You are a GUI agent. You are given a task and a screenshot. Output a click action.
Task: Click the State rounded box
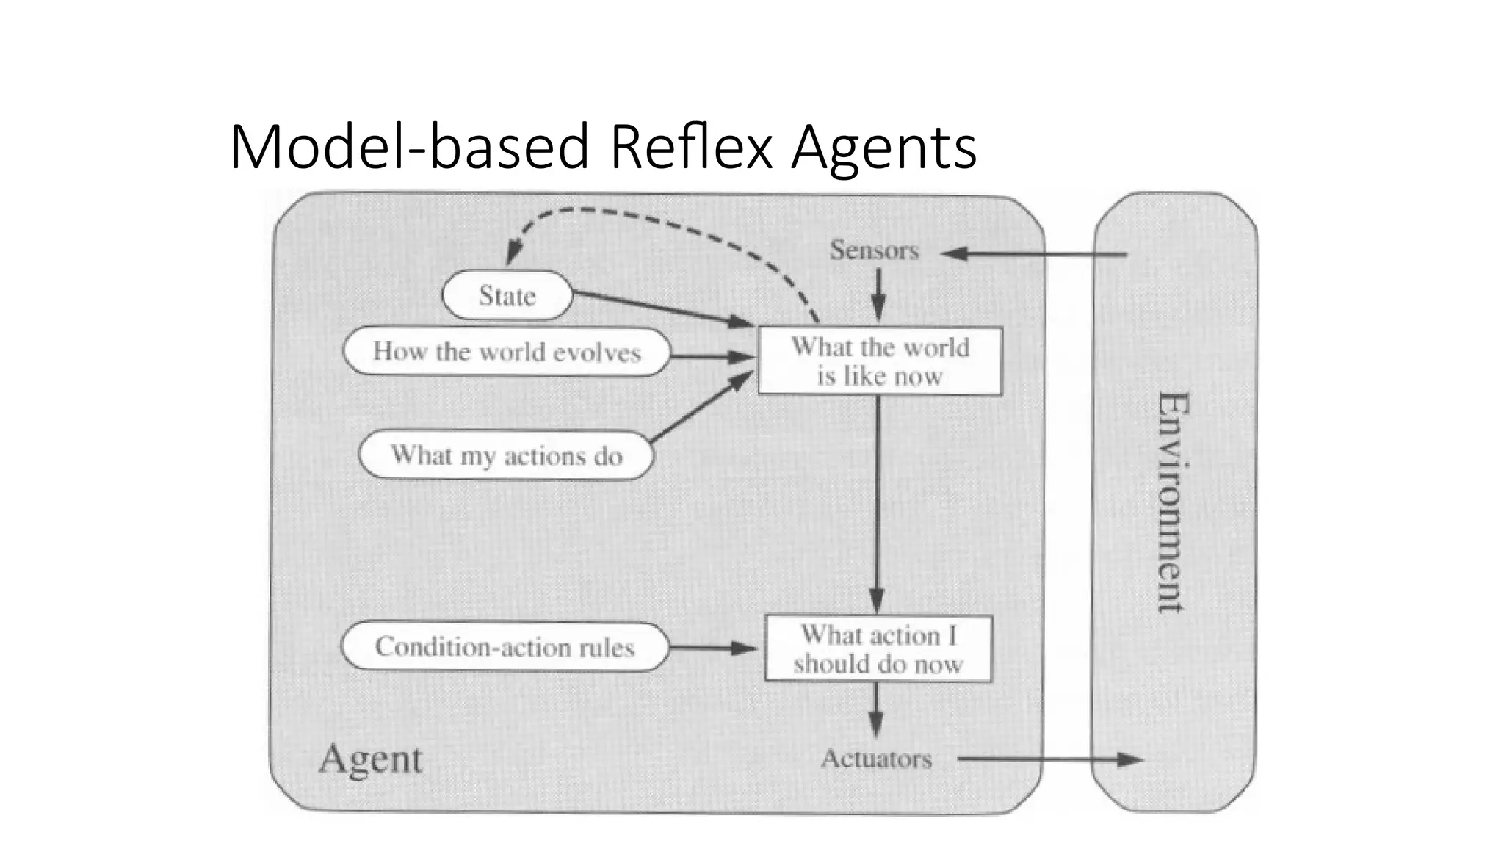coord(507,295)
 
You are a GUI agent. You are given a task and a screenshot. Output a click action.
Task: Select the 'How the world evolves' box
coord(507,352)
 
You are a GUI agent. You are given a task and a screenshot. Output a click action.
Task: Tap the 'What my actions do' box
coord(506,455)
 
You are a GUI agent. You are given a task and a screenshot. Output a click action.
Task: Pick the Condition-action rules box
coord(505,647)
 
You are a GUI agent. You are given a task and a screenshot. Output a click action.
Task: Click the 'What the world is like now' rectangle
coord(880,361)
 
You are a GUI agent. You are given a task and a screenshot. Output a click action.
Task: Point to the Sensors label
coord(874,250)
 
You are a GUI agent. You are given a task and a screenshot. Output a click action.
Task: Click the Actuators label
coord(876,759)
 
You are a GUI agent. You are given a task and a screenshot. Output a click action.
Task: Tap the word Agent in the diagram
coord(371,759)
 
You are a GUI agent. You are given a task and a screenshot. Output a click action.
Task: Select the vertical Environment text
coord(1173,502)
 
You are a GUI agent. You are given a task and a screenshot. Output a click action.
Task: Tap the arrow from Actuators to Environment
coord(1050,759)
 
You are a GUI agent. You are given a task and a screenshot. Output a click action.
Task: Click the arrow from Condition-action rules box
coord(712,648)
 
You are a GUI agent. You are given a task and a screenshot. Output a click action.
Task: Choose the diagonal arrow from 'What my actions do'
coord(701,408)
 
